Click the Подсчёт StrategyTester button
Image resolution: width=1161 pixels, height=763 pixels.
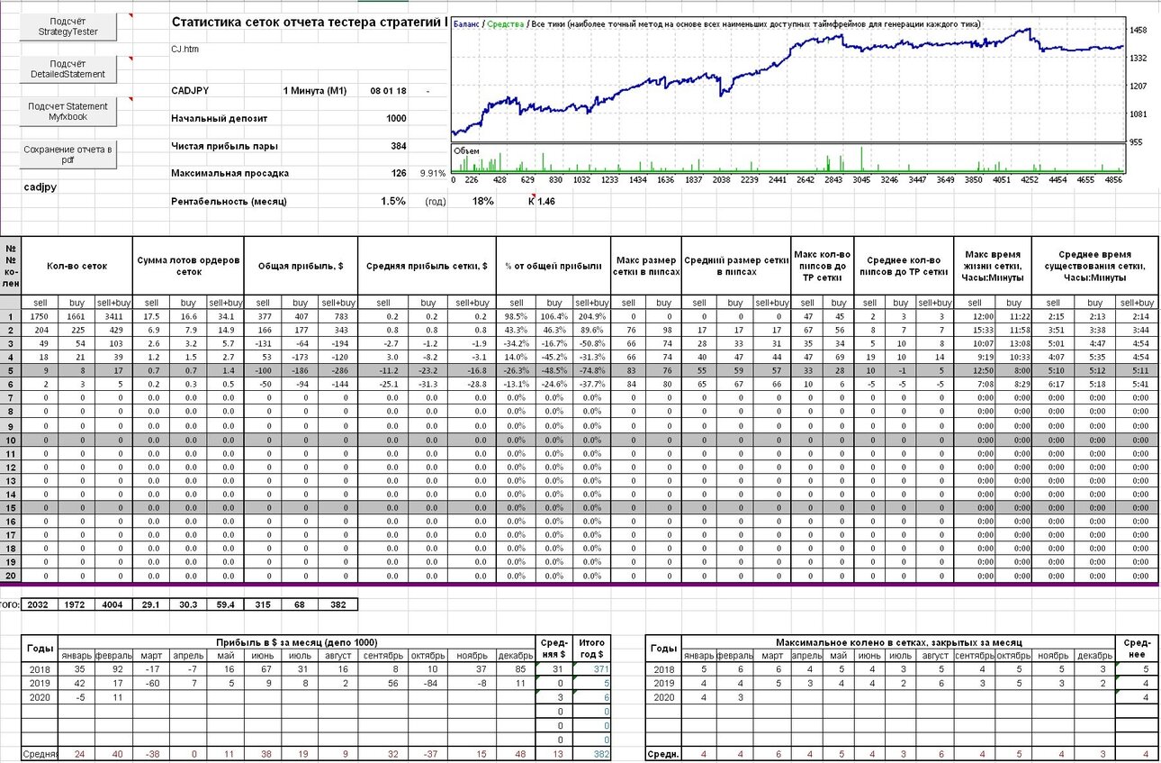(67, 26)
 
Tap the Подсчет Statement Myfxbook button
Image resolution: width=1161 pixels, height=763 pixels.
(67, 112)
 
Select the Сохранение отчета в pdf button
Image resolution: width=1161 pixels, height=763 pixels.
(67, 155)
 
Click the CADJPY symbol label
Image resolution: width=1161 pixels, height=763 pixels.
(190, 91)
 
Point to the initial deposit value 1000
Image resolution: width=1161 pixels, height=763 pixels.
(396, 118)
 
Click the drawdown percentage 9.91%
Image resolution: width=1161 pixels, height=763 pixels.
(432, 173)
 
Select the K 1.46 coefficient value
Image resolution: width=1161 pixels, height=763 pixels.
(542, 201)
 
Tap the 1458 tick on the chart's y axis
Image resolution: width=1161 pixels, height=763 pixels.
(1138, 30)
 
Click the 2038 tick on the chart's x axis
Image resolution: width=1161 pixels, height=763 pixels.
(721, 180)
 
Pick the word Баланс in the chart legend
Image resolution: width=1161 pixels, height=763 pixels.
(466, 23)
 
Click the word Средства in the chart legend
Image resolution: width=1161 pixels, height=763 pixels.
(505, 23)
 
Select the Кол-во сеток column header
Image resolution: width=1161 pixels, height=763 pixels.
(76, 266)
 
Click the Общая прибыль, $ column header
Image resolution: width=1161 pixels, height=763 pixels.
(301, 266)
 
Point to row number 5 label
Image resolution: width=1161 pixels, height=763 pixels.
(11, 371)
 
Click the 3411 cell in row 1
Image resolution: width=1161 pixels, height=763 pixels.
(113, 316)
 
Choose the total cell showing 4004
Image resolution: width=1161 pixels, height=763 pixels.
(112, 604)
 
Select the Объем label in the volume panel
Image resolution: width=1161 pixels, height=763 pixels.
(466, 151)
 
